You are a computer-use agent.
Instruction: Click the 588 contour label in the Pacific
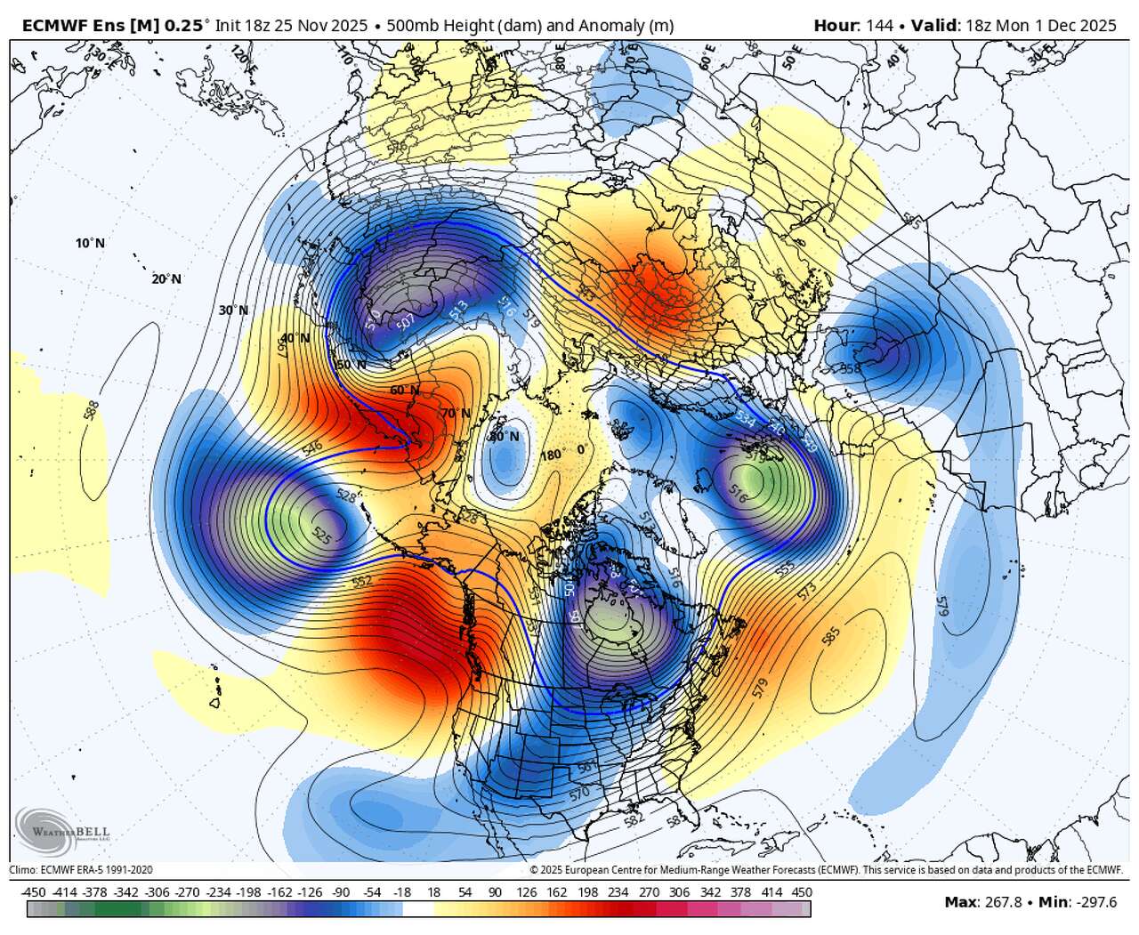pos(92,413)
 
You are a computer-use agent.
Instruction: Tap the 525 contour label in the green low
pos(322,534)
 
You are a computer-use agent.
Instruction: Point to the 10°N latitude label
pos(90,243)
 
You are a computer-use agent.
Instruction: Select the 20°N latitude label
pos(166,278)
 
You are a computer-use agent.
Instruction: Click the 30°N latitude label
pos(233,310)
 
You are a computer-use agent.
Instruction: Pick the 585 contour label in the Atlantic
pos(831,636)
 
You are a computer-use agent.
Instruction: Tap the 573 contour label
pos(808,590)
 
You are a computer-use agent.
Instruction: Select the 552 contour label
pos(361,581)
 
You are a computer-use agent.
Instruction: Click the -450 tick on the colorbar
pos(33,892)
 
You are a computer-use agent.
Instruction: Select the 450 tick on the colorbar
pos(802,892)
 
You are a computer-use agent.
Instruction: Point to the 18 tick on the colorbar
pos(434,892)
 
